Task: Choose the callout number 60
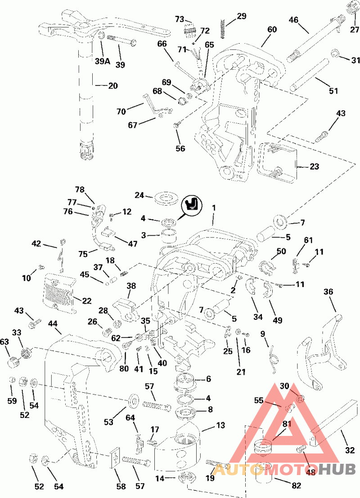[272, 30]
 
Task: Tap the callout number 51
[333, 90]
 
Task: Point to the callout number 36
[328, 292]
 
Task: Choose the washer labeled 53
[134, 399]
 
